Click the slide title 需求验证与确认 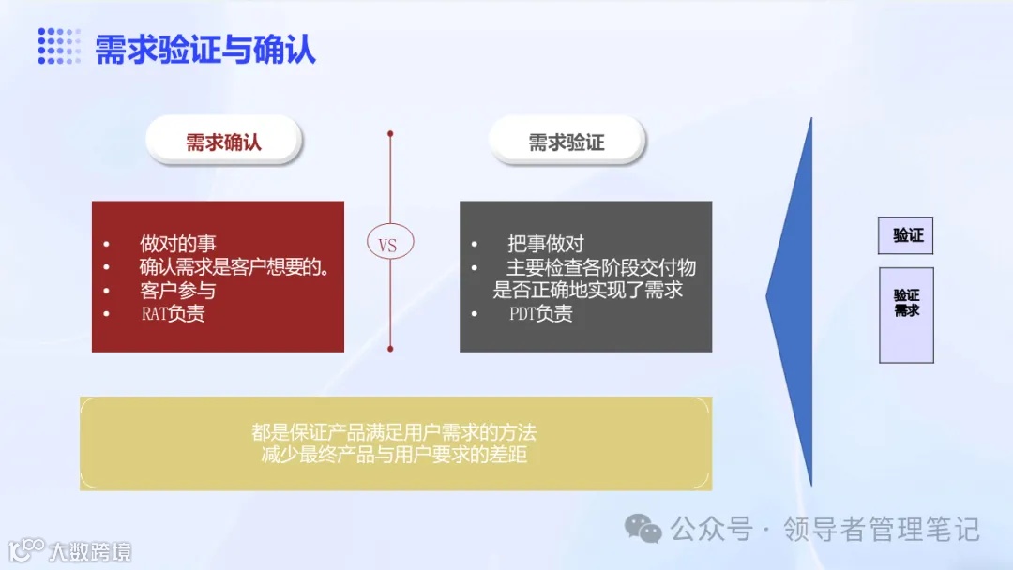[205, 49]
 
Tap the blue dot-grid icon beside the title [59, 46]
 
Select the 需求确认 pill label [223, 142]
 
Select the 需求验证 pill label [567, 142]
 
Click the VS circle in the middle [388, 245]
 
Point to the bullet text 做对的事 [177, 245]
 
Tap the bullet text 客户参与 [177, 291]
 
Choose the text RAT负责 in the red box [173, 314]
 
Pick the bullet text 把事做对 [546, 245]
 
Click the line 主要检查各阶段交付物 [601, 268]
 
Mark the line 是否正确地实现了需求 [588, 291]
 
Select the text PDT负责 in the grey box [540, 314]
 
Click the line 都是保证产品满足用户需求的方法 [394, 433]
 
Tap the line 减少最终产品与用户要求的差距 [394, 456]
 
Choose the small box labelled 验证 [907, 235]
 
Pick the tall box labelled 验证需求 [907, 315]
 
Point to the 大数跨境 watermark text [90, 550]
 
